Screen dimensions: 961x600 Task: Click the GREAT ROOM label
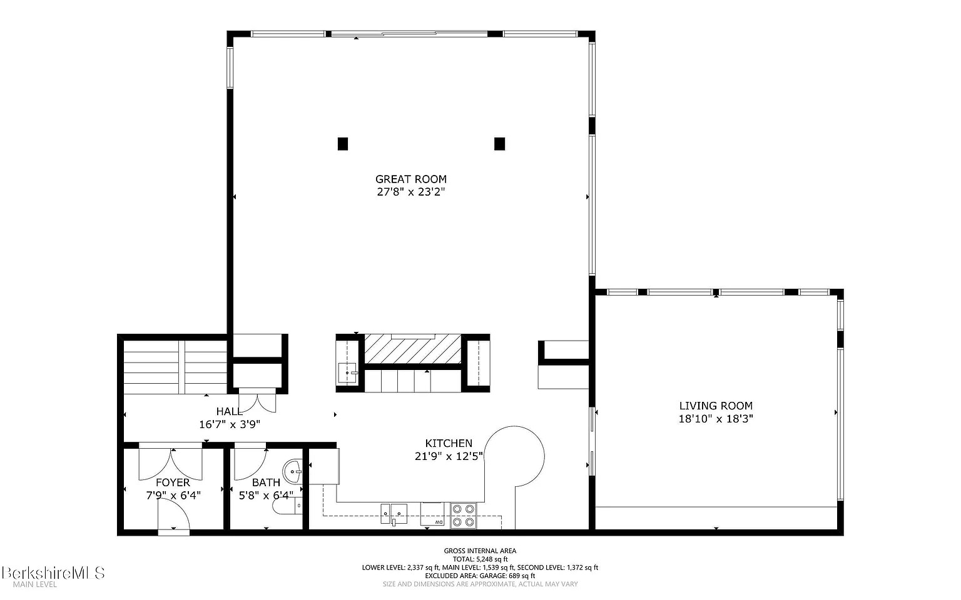tap(410, 179)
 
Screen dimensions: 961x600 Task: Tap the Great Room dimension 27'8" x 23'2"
tap(410, 192)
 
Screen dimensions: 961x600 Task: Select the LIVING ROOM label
tap(716, 406)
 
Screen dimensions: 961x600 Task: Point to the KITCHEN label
tap(449, 443)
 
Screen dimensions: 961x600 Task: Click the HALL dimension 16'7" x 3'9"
tap(230, 424)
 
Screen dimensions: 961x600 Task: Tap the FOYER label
tap(173, 482)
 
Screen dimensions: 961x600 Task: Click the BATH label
tap(266, 482)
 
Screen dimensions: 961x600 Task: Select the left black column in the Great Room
tap(343, 144)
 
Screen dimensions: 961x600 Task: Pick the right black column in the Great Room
tap(499, 144)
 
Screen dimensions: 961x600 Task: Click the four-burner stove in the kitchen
tap(464, 516)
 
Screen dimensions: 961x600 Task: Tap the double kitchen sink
tap(394, 514)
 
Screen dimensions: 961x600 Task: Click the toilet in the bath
tap(287, 506)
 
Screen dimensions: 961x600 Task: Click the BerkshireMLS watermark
tap(53, 572)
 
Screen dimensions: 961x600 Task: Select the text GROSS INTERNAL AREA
tap(480, 551)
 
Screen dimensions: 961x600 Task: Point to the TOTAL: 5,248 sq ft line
tap(480, 559)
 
